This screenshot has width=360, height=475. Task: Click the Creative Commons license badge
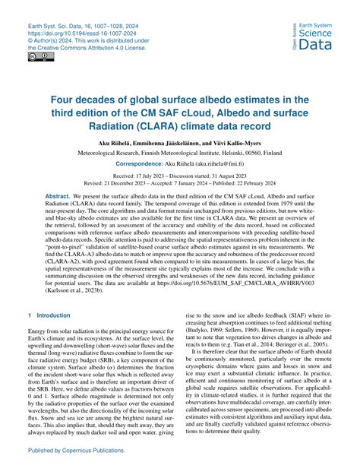tap(36, 56)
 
